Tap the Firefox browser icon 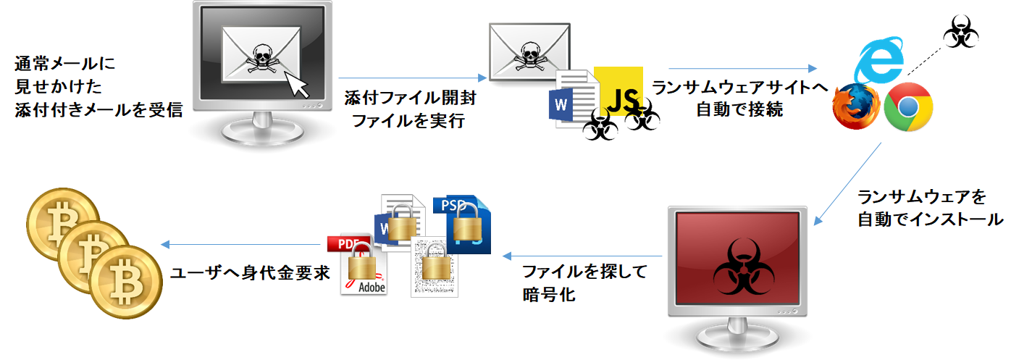855,106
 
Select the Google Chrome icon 908,107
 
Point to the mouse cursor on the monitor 296,85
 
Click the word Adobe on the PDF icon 372,288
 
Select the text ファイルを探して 584,272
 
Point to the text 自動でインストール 930,219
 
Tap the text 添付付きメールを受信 97,110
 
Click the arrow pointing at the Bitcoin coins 239,244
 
